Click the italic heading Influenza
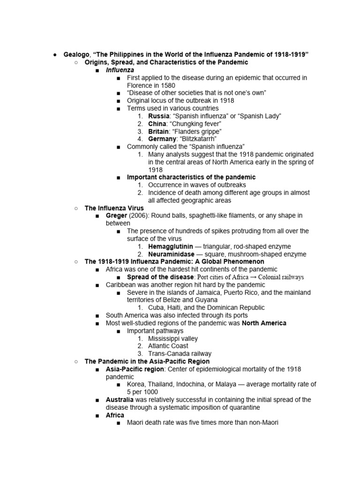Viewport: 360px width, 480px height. pos(120,70)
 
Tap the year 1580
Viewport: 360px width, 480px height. pos(167,85)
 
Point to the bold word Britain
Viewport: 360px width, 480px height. pos(158,131)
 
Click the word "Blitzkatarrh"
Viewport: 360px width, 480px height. pos(199,139)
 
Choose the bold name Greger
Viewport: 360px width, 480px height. pos(116,216)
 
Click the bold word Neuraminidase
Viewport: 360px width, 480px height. pos(171,254)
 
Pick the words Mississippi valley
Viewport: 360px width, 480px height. pos(173,338)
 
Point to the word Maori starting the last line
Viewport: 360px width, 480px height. pos(136,423)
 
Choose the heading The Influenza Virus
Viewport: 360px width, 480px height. pos(114,208)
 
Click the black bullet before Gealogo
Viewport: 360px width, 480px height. pos(55,55)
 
